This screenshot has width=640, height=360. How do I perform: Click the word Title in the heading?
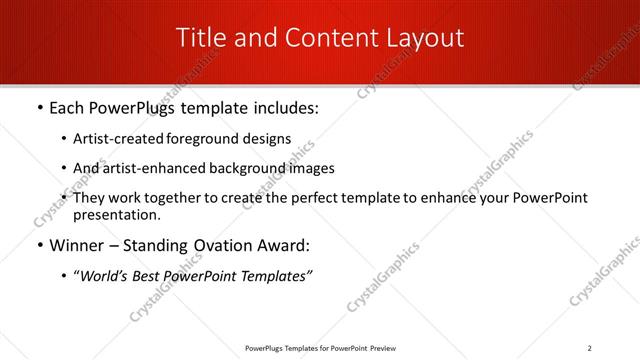[x=201, y=38]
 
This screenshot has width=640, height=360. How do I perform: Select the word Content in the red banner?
[x=319, y=38]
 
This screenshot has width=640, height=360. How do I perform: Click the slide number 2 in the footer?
[x=590, y=348]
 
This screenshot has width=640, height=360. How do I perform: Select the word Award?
[x=286, y=245]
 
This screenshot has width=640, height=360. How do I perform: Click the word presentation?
[x=115, y=214]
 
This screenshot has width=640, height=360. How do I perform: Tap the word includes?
[x=283, y=108]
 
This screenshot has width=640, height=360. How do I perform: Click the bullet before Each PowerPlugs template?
[x=38, y=108]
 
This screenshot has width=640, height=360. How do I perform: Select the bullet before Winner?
[x=38, y=245]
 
